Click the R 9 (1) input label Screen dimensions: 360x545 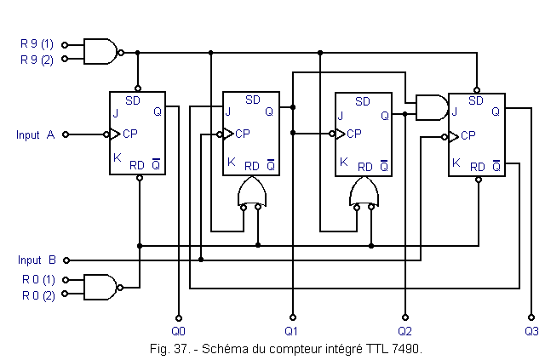pyautogui.click(x=37, y=43)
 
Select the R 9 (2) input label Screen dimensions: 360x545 pyautogui.click(x=37, y=60)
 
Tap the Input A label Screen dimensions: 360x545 pyautogui.click(x=35, y=134)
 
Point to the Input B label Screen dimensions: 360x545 pyautogui.click(x=37, y=260)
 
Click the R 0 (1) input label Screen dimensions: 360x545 pyautogui.click(x=37, y=279)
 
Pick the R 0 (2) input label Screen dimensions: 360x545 pyautogui.click(x=37, y=295)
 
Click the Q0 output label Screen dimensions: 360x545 pyautogui.click(x=177, y=330)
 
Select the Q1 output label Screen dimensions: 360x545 pyautogui.click(x=291, y=330)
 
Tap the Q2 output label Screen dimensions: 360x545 pyautogui.click(x=404, y=330)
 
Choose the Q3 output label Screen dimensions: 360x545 pyautogui.click(x=531, y=330)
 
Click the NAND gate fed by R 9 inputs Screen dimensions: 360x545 pyautogui.click(x=101, y=51)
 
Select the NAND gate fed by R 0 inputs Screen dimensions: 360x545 pyautogui.click(x=101, y=287)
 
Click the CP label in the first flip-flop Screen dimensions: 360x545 pyautogui.click(x=130, y=134)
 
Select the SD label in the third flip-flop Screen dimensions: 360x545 pyautogui.click(x=364, y=101)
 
